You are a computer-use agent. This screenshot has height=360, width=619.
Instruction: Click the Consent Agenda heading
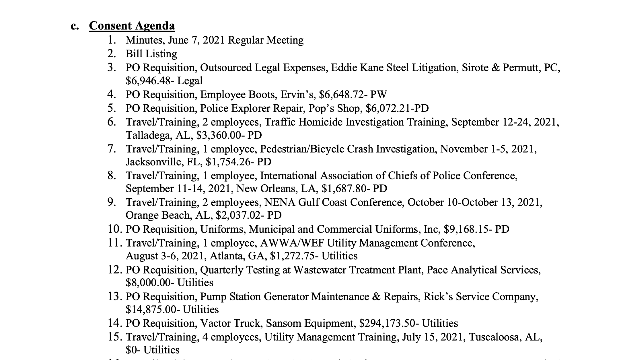coord(132,26)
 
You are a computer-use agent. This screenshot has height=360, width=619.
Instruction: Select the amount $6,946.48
coord(147,81)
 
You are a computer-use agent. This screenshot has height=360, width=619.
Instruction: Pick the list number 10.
coord(115,229)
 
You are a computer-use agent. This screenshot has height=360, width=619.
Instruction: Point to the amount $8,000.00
coord(148,283)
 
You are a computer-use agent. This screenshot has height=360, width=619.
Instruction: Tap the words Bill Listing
coord(151,54)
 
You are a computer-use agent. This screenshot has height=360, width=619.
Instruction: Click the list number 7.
coord(112,149)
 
